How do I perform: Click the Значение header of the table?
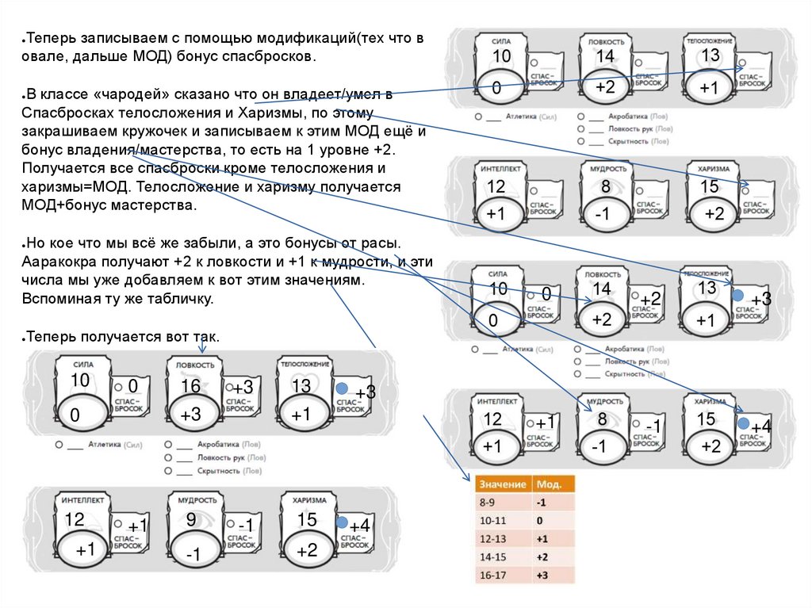pos(503,484)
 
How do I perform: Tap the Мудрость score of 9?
pos(191,520)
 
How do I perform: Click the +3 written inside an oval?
pos(191,415)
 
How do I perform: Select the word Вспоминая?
pos(63,300)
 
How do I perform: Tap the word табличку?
pos(182,300)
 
